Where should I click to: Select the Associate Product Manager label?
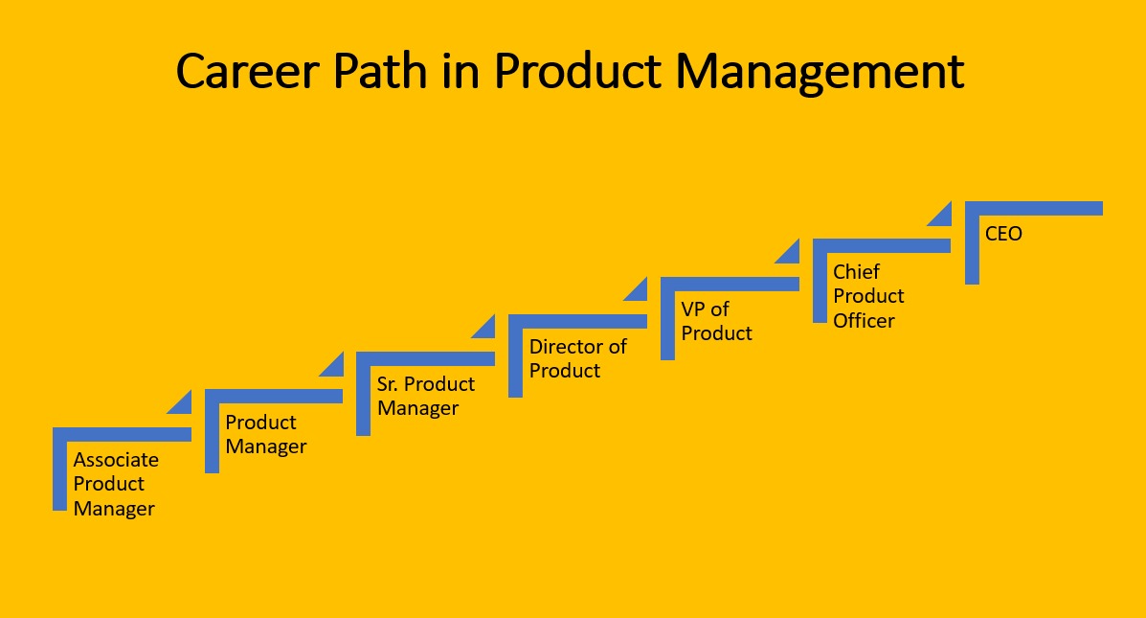[x=116, y=484]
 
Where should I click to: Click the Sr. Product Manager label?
[x=425, y=396]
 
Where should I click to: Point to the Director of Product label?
[x=577, y=358]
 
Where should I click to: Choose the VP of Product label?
[x=716, y=321]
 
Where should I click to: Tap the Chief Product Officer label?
[x=868, y=296]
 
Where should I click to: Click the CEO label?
[x=1003, y=233]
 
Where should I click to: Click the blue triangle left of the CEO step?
[x=943, y=217]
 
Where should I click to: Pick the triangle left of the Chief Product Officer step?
[x=791, y=254]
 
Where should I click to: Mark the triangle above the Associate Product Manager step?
[x=183, y=404]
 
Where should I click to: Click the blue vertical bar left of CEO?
[x=972, y=249]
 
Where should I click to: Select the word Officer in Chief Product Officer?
[x=864, y=321]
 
